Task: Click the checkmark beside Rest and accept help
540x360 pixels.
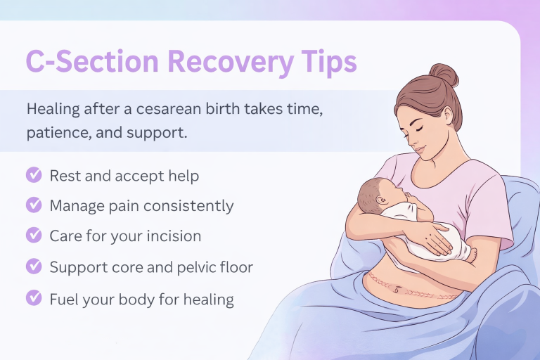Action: [33, 175]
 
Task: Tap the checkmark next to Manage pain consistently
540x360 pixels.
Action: [33, 205]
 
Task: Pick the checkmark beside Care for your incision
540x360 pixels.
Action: [33, 236]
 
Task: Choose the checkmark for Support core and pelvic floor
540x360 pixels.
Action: [33, 266]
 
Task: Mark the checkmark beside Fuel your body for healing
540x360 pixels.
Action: [33, 297]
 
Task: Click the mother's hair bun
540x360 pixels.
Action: [444, 75]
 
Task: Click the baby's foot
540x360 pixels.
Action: [468, 254]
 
